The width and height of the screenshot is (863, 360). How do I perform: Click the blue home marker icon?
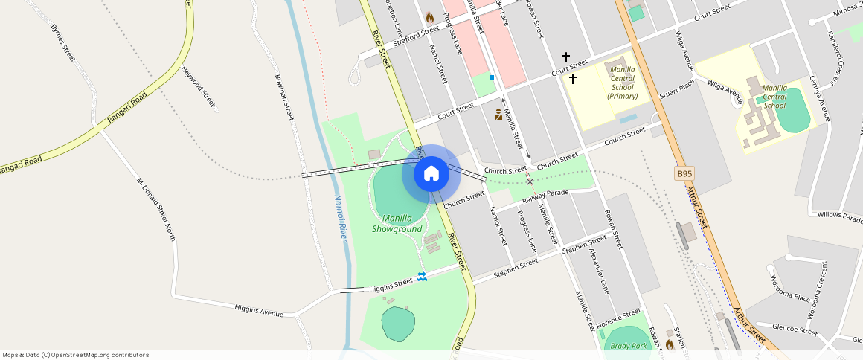pyautogui.click(x=431, y=173)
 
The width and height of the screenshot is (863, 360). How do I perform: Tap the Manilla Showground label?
pyautogui.click(x=397, y=223)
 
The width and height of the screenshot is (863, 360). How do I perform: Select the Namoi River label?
pyautogui.click(x=341, y=218)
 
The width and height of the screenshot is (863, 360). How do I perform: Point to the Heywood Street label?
pyautogui.click(x=198, y=86)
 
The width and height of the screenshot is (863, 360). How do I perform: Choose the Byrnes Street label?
pyautogui.click(x=63, y=42)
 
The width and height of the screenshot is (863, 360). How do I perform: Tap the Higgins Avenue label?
pyautogui.click(x=258, y=310)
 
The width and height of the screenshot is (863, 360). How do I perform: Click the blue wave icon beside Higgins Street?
pyautogui.click(x=422, y=276)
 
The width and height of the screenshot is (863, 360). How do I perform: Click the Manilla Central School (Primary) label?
pyautogui.click(x=623, y=82)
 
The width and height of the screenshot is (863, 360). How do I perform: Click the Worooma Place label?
pyautogui.click(x=790, y=287)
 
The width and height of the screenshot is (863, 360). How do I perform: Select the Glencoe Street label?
pyautogui.click(x=795, y=329)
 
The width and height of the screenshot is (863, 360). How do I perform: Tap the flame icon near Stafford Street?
pyautogui.click(x=429, y=16)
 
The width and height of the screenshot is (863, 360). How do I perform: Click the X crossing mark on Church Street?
pyautogui.click(x=530, y=181)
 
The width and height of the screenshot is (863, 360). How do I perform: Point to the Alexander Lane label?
pyautogui.click(x=599, y=271)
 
